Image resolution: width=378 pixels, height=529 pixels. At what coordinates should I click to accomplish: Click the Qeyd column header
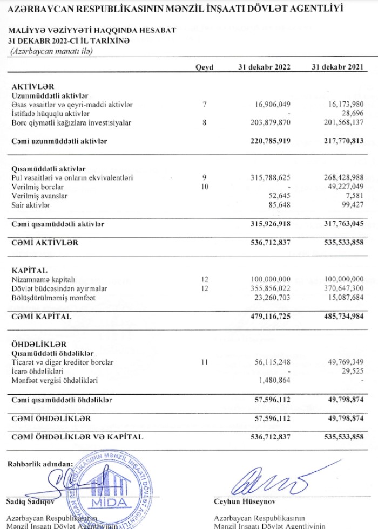[x=204, y=67]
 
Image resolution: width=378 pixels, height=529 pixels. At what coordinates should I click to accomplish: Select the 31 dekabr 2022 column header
[x=265, y=67]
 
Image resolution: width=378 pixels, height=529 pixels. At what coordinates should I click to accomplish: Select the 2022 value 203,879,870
[x=268, y=123]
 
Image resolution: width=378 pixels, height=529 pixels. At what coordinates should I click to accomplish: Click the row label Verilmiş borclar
[x=34, y=187]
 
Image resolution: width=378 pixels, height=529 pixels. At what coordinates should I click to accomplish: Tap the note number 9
[x=204, y=177]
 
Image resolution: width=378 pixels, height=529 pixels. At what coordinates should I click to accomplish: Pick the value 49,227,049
[x=339, y=187]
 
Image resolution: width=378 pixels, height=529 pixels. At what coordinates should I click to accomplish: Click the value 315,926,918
[x=266, y=223]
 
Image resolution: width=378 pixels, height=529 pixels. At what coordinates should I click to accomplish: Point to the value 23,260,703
[x=270, y=298]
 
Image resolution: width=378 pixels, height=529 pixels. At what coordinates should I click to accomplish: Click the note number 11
[x=204, y=362]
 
